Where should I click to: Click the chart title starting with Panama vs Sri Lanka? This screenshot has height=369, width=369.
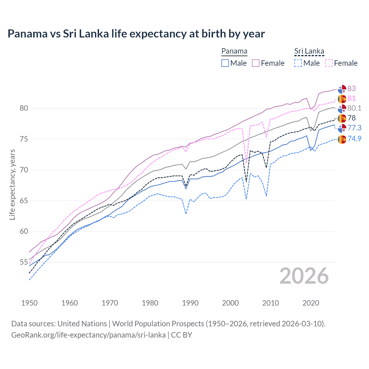tap(136, 34)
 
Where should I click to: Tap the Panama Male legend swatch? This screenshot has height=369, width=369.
tap(225, 63)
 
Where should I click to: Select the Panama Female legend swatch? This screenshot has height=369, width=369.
tap(256, 63)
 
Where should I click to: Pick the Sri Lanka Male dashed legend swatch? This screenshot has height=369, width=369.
tap(298, 63)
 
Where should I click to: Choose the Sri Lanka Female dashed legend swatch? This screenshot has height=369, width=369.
tap(329, 63)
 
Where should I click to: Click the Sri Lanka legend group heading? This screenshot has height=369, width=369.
tap(309, 51)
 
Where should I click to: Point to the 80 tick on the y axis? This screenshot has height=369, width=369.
tap(24, 108)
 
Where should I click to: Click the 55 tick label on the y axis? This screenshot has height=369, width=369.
tap(24, 262)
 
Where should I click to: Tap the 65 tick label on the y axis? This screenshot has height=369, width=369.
tap(24, 201)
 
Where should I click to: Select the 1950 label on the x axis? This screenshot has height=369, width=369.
tap(29, 303)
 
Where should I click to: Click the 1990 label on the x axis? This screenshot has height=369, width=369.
tap(190, 303)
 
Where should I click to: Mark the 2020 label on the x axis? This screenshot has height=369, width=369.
tap(311, 303)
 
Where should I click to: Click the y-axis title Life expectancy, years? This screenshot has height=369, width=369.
tap(12, 184)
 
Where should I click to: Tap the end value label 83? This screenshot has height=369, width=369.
tap(351, 89)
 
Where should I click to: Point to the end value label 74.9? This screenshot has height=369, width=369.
tap(354, 139)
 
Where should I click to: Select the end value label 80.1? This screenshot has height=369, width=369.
tap(354, 108)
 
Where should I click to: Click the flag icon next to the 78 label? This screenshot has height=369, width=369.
tap(342, 118)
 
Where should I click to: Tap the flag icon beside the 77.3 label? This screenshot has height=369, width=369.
tap(342, 128)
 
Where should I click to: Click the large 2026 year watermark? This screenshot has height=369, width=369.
tap(304, 276)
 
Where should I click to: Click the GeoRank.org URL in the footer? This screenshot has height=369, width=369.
tap(89, 335)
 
